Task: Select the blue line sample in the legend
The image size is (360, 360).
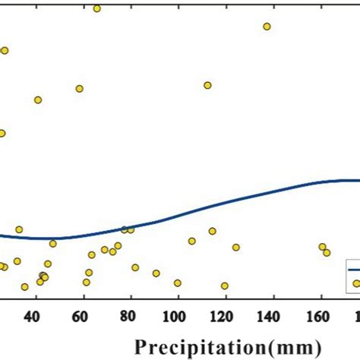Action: pos(353,268)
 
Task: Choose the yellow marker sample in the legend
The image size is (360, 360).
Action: pos(355,283)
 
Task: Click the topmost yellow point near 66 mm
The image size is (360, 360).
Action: pos(96,8)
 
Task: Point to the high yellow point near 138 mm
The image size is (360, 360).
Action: pos(267,27)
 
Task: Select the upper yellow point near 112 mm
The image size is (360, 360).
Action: pos(207,85)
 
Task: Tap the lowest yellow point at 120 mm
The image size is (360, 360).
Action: pos(224,286)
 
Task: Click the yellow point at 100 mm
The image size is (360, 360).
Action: pos(178,283)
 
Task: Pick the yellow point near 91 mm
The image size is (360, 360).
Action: pos(156,273)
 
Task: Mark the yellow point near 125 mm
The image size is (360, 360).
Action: pos(236,247)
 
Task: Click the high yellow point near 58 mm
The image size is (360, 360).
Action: pos(79,88)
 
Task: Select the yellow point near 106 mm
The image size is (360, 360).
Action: pos(192,241)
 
